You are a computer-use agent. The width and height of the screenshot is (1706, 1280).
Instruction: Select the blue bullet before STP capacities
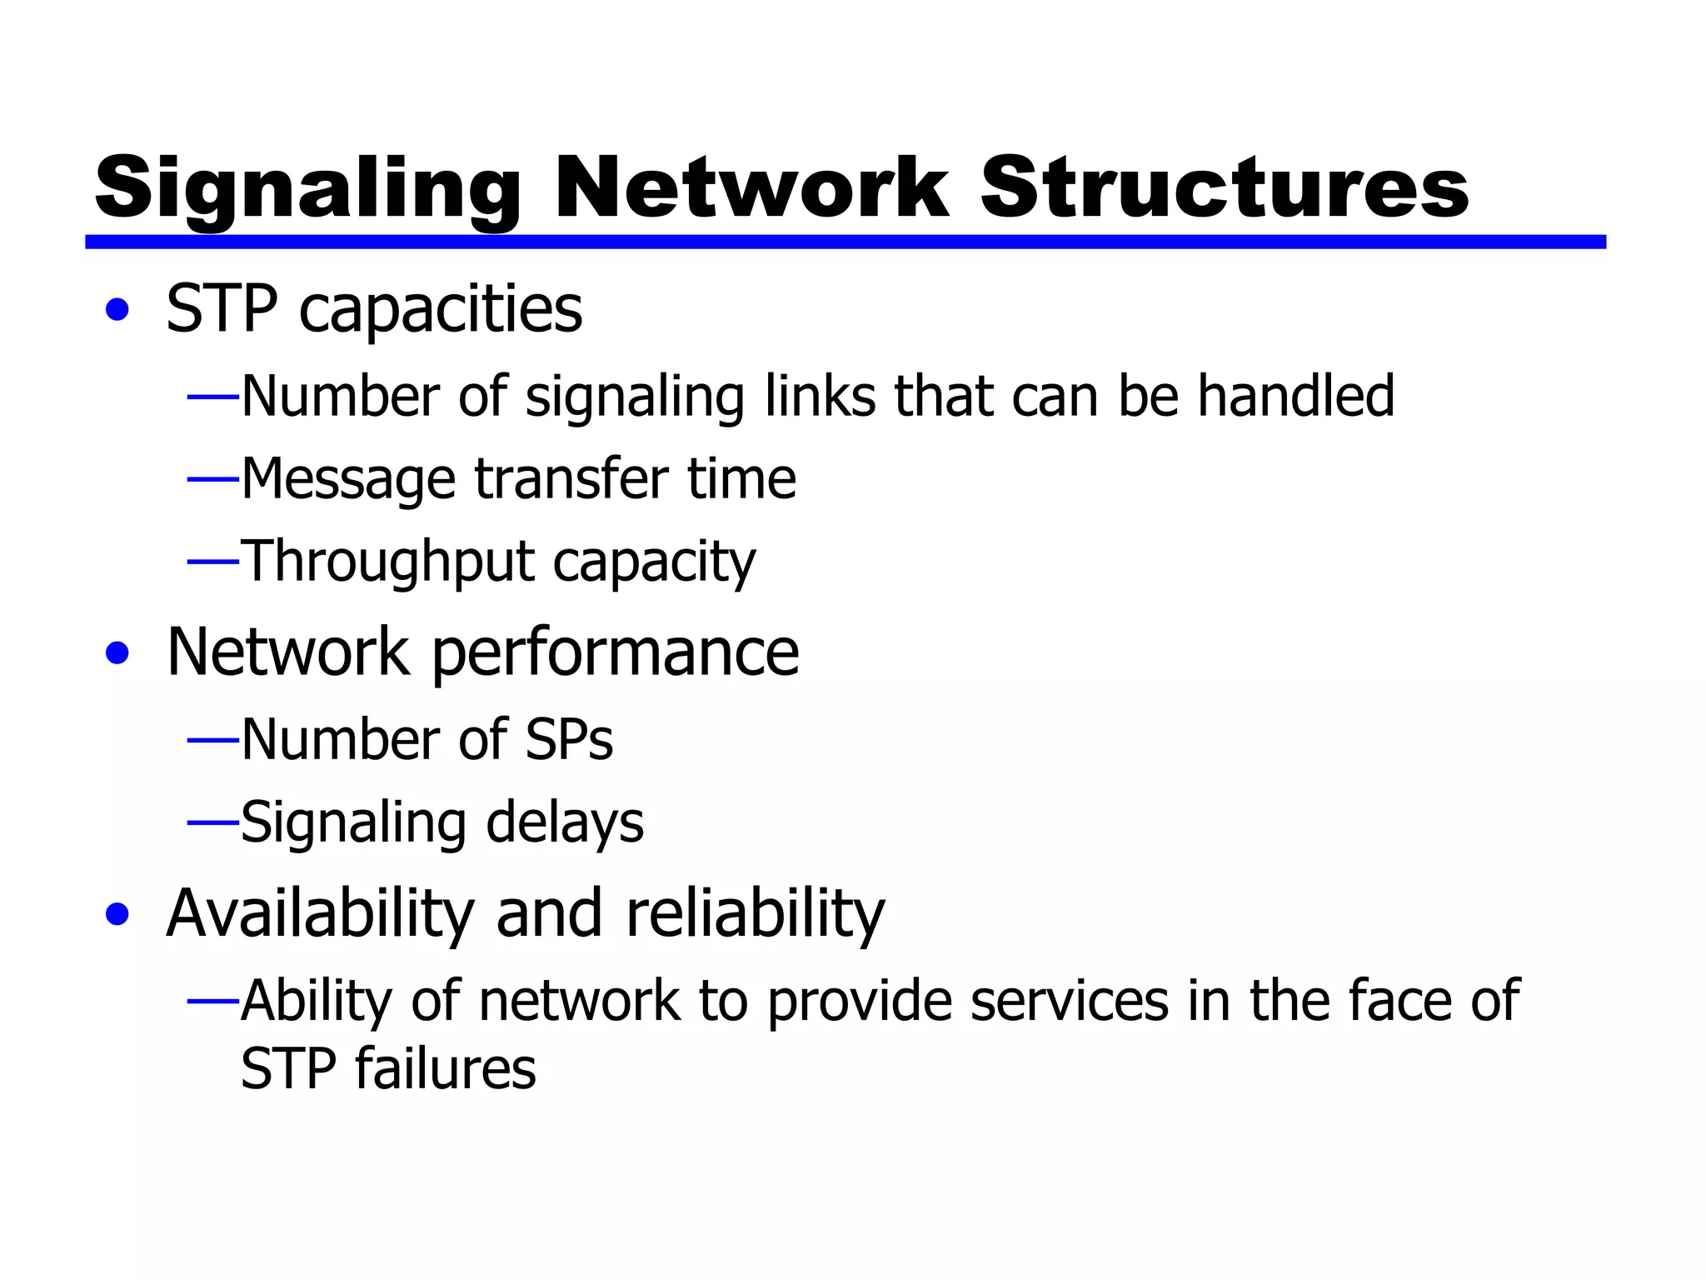click(x=118, y=310)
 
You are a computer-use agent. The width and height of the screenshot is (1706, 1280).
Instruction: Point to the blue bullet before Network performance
click(x=118, y=652)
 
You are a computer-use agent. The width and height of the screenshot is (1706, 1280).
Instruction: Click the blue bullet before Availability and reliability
click(x=118, y=913)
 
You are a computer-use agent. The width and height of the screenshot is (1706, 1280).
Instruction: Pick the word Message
click(x=348, y=480)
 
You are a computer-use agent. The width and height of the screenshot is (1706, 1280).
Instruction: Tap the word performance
click(x=616, y=652)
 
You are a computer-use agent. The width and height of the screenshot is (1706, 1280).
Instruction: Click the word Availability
click(x=320, y=914)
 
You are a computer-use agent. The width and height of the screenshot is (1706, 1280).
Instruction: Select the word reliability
click(x=755, y=914)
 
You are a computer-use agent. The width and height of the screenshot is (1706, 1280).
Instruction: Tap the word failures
click(x=446, y=1068)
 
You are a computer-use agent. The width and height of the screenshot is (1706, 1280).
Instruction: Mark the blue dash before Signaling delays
click(x=213, y=822)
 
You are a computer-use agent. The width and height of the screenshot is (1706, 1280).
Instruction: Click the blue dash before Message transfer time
click(x=213, y=479)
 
